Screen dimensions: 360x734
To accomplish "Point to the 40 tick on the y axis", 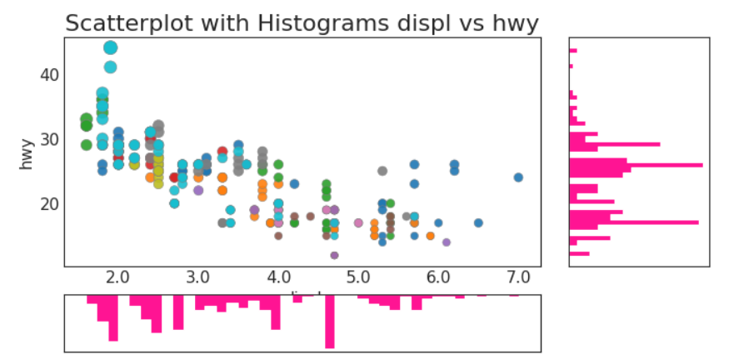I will click(47, 74).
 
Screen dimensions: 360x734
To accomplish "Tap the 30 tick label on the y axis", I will click(47, 138).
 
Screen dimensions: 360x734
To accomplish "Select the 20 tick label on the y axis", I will click(47, 203).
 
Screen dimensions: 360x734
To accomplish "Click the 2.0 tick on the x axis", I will click(117, 276).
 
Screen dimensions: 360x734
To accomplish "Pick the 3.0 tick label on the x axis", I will click(197, 276).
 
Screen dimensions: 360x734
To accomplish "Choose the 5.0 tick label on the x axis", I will click(358, 276).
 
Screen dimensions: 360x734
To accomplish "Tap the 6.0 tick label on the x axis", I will click(438, 276).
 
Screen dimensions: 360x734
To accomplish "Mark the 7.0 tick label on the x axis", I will click(518, 276).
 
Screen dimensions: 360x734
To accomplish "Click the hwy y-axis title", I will click(27, 153).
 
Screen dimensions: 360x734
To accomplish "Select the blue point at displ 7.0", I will click(518, 177).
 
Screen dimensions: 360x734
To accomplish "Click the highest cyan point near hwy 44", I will click(110, 47).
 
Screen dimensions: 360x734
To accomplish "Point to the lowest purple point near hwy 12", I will click(334, 255).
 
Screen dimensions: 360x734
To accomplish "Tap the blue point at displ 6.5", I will click(478, 222).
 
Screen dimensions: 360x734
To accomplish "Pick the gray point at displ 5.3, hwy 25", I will click(382, 171).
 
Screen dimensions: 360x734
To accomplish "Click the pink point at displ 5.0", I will click(358, 222).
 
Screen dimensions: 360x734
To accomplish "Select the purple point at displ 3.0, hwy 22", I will click(198, 190).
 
